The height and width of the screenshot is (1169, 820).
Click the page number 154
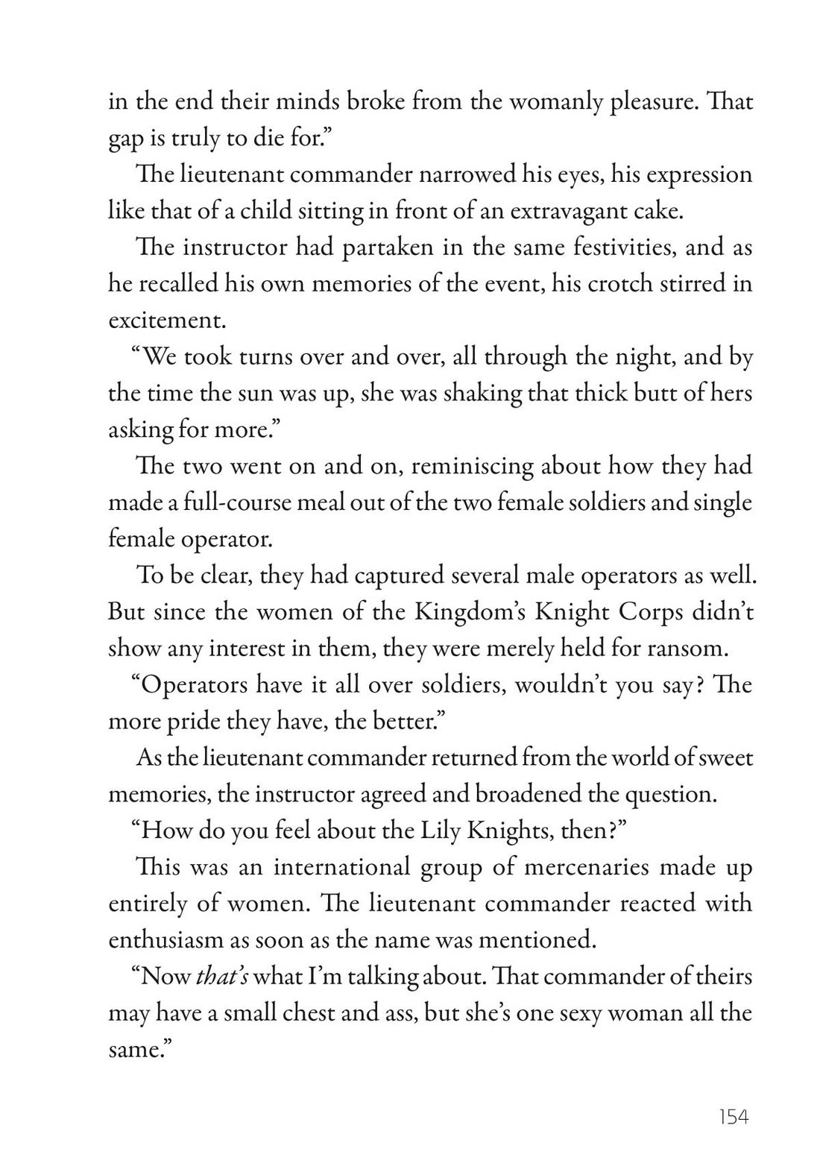point(733,1116)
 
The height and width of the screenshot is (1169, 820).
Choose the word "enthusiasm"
point(165,940)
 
